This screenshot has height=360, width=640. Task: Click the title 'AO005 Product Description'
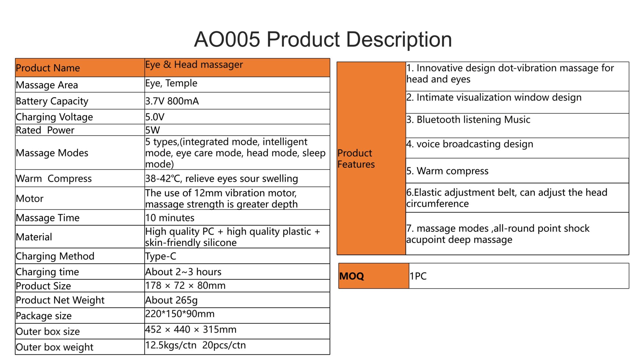tap(323, 39)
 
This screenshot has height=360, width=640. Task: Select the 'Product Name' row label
tap(48, 68)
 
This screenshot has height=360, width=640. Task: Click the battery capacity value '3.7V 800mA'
tap(172, 101)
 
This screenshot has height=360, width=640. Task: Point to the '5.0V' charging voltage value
tap(155, 117)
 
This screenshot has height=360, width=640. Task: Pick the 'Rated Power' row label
tap(45, 130)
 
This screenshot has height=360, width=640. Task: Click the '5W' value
tap(152, 130)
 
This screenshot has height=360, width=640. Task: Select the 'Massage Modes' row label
tap(52, 153)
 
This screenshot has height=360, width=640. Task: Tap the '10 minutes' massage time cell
tap(170, 218)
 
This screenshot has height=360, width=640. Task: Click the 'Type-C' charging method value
tap(161, 256)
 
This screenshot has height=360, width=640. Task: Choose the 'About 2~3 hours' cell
tap(183, 272)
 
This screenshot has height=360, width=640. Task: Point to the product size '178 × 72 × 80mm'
tap(185, 285)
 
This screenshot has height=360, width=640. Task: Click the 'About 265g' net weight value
tap(171, 300)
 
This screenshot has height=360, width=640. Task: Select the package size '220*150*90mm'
tap(180, 314)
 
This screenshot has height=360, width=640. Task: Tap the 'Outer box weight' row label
tap(54, 347)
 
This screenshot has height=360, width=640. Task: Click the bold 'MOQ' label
tap(352, 276)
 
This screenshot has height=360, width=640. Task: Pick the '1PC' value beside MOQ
tap(418, 276)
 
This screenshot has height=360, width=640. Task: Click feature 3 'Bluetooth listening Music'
tap(468, 120)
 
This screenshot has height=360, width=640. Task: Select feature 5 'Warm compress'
tap(447, 171)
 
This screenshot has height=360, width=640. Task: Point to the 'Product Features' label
tap(356, 159)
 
